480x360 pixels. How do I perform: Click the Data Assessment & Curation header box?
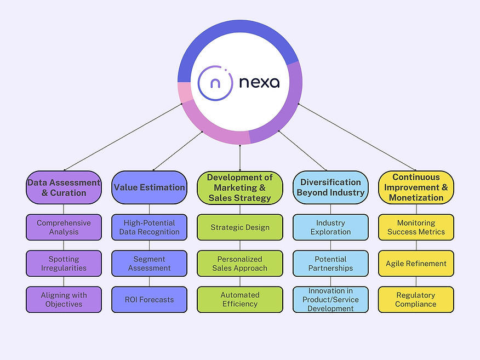[64, 187]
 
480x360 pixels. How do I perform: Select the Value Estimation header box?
[149, 187]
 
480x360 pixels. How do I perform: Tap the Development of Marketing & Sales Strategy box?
[240, 187]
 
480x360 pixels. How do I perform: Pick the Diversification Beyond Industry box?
[330, 187]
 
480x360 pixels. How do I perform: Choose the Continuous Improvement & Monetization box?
[416, 187]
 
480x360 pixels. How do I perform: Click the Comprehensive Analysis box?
[64, 227]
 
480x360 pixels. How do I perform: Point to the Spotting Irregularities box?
[64, 264]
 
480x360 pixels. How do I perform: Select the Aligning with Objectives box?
[64, 300]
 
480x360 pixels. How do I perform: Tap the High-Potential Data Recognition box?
[149, 227]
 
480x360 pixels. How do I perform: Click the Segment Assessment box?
[149, 264]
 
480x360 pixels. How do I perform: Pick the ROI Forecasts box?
[149, 300]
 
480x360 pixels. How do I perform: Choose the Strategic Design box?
[240, 227]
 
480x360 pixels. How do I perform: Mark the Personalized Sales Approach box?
[240, 264]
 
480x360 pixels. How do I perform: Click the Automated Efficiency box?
[240, 300]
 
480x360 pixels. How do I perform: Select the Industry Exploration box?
[330, 227]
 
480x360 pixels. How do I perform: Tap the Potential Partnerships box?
[330, 264]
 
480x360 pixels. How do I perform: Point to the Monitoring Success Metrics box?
[416, 227]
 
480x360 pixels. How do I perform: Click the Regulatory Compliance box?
[416, 300]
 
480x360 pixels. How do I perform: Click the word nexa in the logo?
[259, 83]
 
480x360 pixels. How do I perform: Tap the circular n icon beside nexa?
[214, 82]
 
